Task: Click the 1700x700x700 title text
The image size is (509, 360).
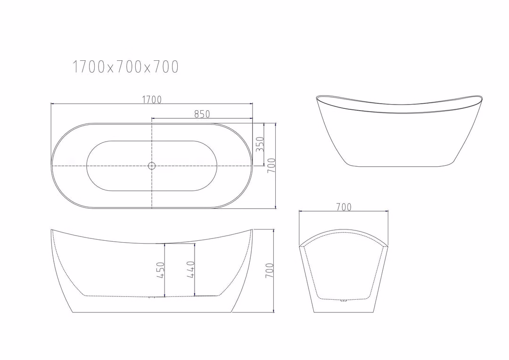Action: [125, 66]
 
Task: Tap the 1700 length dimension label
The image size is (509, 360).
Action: [152, 99]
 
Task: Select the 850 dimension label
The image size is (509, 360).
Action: [202, 114]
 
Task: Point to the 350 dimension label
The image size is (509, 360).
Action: [260, 144]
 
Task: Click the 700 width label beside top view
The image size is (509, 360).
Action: [271, 165]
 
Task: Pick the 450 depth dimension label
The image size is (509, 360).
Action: [161, 270]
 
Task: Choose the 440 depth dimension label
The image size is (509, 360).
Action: [190, 270]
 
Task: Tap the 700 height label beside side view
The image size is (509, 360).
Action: [270, 270]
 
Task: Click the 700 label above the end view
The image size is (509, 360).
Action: [344, 207]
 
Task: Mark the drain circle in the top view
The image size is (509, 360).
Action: [152, 166]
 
